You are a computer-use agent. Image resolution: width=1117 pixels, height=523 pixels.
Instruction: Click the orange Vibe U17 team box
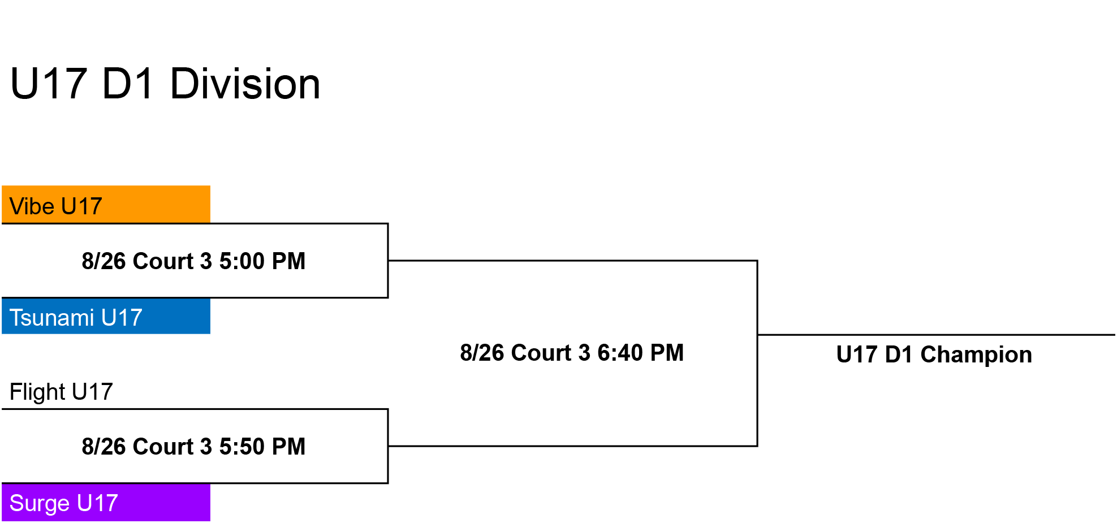pos(106,204)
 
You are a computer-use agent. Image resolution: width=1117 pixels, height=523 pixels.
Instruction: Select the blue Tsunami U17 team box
pos(106,316)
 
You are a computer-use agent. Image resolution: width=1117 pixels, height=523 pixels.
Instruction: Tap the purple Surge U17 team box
pos(106,502)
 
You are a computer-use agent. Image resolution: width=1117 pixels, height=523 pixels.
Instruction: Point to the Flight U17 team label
pos(61,391)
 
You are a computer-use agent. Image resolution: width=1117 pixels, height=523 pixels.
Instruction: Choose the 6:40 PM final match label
pos(572,353)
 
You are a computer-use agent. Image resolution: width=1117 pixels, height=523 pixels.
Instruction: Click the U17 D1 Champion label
pos(934,355)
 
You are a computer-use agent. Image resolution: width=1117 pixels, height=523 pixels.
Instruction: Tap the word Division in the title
pos(245,84)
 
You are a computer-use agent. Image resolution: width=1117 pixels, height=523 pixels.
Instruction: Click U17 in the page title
pos(49,84)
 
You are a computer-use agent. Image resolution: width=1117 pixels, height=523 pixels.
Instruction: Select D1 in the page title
pos(128,84)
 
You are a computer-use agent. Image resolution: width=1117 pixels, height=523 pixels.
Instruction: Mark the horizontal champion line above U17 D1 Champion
pos(937,335)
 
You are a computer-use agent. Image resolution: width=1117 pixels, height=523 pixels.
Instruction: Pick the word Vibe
pos(32,206)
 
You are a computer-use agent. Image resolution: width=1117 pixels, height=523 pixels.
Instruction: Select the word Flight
pos(37,391)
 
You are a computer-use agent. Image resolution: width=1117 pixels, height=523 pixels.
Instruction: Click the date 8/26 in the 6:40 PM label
pos(482,353)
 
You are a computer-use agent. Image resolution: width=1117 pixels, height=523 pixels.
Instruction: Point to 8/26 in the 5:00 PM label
pos(103,261)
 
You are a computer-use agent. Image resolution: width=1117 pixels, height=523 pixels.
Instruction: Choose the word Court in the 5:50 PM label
pos(163,447)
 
